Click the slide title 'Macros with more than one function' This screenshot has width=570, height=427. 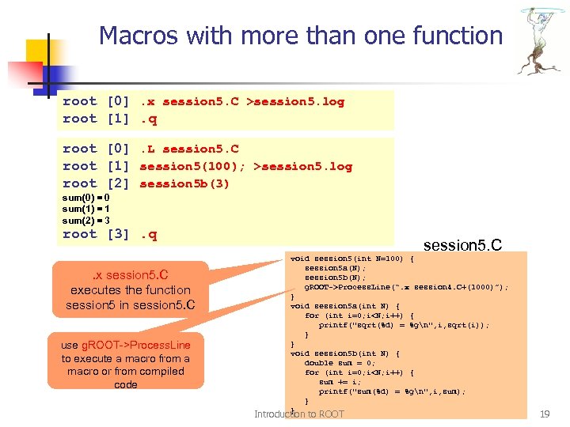[x=301, y=36]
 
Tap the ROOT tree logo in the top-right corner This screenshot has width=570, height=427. [x=542, y=40]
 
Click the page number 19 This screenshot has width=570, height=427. [x=544, y=414]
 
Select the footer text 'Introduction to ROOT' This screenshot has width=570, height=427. [x=299, y=414]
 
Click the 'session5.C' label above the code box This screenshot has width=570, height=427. [x=462, y=244]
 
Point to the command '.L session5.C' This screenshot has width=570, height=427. [x=189, y=149]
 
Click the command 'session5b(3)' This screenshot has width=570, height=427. [x=184, y=183]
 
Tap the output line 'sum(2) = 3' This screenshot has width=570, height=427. [x=85, y=220]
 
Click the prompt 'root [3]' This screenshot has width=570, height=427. [x=90, y=234]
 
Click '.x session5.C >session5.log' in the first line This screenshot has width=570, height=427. [x=241, y=101]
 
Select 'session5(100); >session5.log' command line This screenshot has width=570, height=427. [x=245, y=166]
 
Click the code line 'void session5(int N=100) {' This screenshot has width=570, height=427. [x=352, y=258]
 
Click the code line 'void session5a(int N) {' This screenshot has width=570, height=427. [x=345, y=305]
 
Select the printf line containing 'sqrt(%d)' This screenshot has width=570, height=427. [x=404, y=324]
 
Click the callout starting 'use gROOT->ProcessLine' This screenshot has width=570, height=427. [x=126, y=365]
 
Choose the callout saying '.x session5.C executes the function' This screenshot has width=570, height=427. [x=130, y=290]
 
